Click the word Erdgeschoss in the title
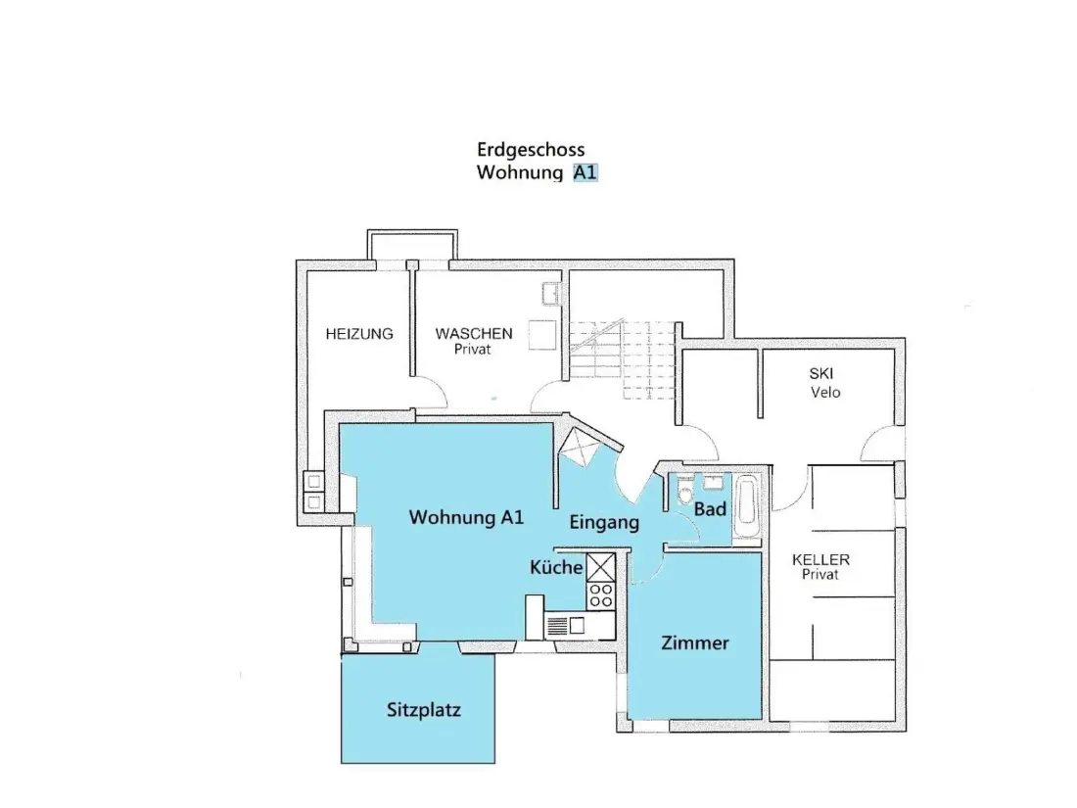point(531,150)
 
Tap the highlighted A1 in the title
point(585,171)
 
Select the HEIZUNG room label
point(359,334)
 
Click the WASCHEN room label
point(473,333)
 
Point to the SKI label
point(820,374)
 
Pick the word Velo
point(825,393)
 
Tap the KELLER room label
point(820,559)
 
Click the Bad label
point(710,509)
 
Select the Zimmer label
point(694,643)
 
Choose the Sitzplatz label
point(423,710)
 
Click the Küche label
point(556,567)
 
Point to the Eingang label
point(604,523)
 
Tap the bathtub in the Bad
point(745,507)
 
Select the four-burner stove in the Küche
point(601,595)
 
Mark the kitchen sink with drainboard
point(567,626)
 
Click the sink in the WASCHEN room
point(551,294)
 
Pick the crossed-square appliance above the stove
point(601,568)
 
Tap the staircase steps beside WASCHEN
point(622,358)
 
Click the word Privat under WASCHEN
point(473,349)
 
